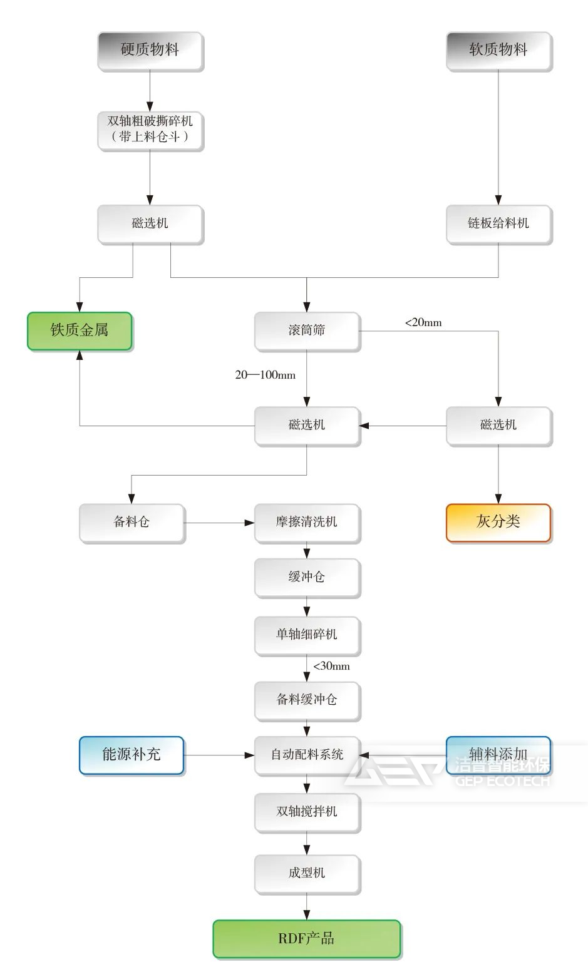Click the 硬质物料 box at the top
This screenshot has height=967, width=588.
150,51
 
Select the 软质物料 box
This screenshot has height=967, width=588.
498,51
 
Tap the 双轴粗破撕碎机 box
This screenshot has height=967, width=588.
150,130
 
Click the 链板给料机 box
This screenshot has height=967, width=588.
498,223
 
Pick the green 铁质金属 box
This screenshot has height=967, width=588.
80,330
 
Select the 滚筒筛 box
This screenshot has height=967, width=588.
307,330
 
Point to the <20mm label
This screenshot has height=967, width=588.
423,323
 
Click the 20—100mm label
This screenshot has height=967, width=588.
265,375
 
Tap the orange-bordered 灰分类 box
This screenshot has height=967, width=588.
498,522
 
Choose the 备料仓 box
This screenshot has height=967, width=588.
132,522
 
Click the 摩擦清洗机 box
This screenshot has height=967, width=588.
307,522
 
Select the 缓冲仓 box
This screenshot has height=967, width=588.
307,577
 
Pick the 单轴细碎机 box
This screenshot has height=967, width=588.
307,635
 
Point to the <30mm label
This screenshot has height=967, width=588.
331,666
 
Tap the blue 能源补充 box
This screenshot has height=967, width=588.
132,755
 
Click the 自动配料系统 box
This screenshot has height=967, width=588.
307,755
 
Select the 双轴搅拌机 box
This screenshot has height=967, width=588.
307,812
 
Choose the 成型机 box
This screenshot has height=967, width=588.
307,873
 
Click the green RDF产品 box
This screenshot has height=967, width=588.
307,938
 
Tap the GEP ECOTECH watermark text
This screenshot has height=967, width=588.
502,781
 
